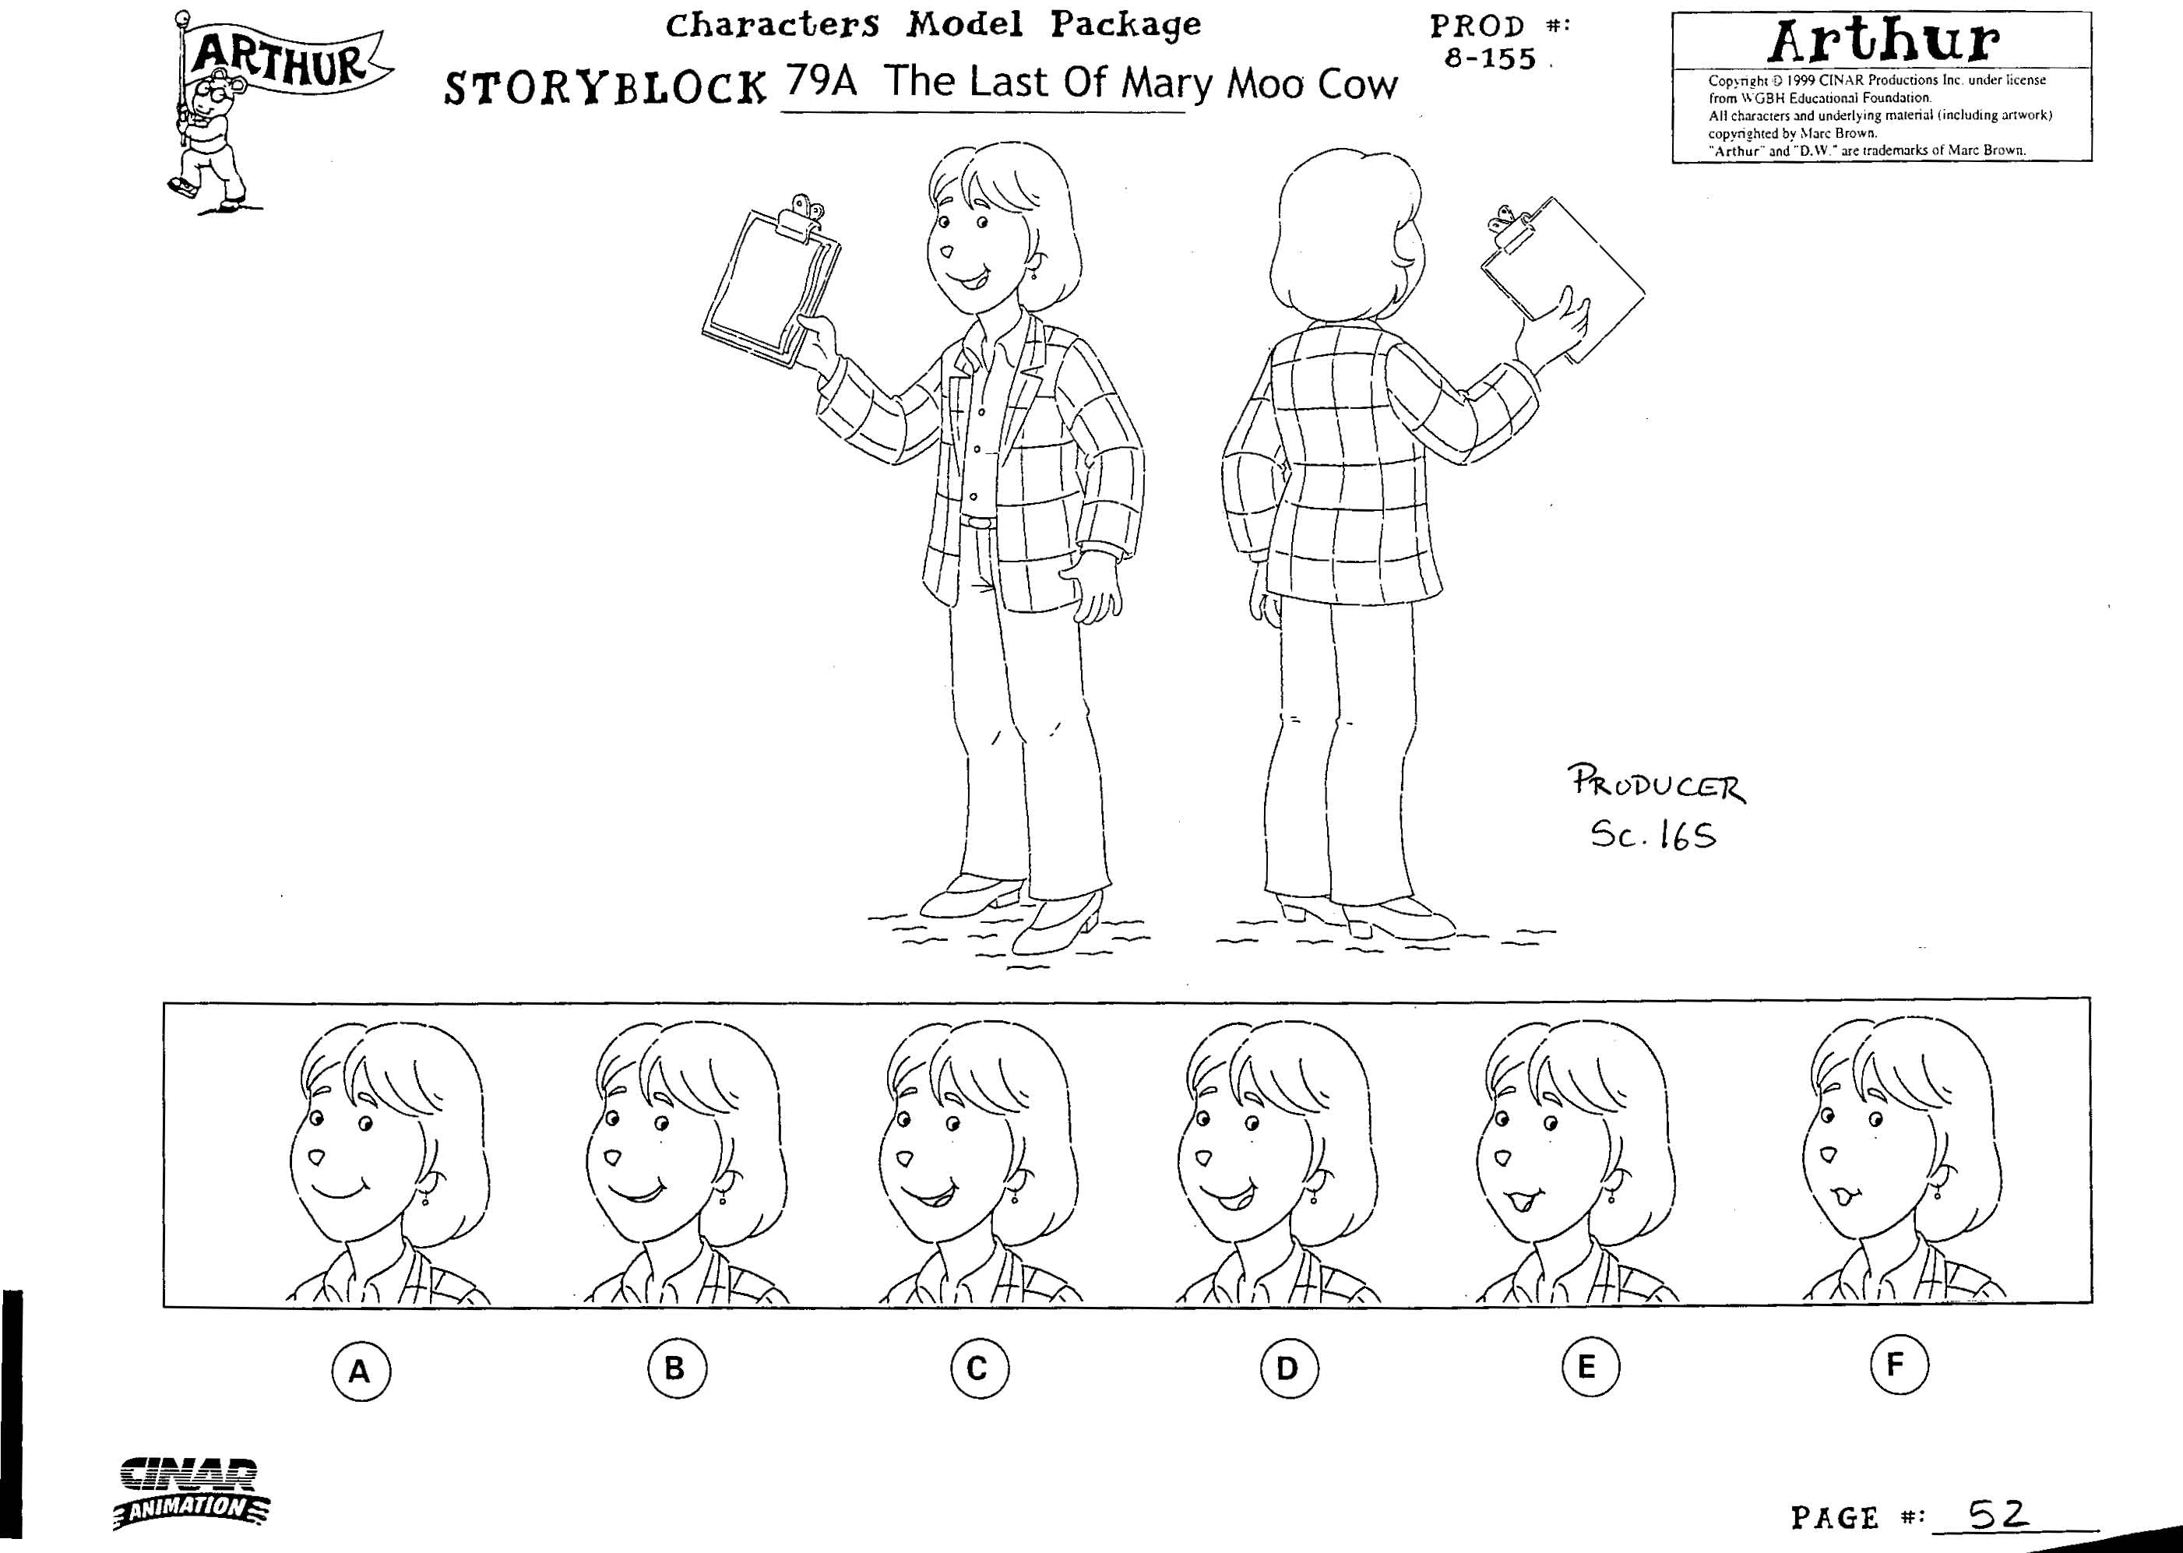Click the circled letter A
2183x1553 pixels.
click(x=361, y=1373)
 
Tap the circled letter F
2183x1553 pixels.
click(x=1899, y=1364)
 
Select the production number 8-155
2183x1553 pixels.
click(x=1490, y=59)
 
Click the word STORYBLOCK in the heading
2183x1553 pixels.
click(x=606, y=88)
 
